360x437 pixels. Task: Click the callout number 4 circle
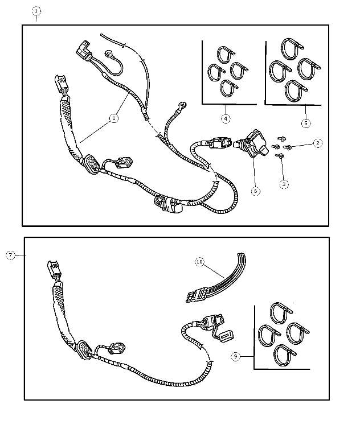tap(226, 119)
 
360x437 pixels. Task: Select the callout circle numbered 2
tap(318, 143)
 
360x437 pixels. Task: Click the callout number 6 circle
tap(255, 191)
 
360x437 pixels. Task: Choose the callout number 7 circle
tap(11, 255)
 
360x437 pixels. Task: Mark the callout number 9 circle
tap(236, 356)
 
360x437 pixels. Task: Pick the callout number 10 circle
tap(199, 262)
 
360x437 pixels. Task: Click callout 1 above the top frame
tap(36, 11)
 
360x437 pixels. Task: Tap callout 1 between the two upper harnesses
tap(113, 118)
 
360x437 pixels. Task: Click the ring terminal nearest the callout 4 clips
tap(182, 105)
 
